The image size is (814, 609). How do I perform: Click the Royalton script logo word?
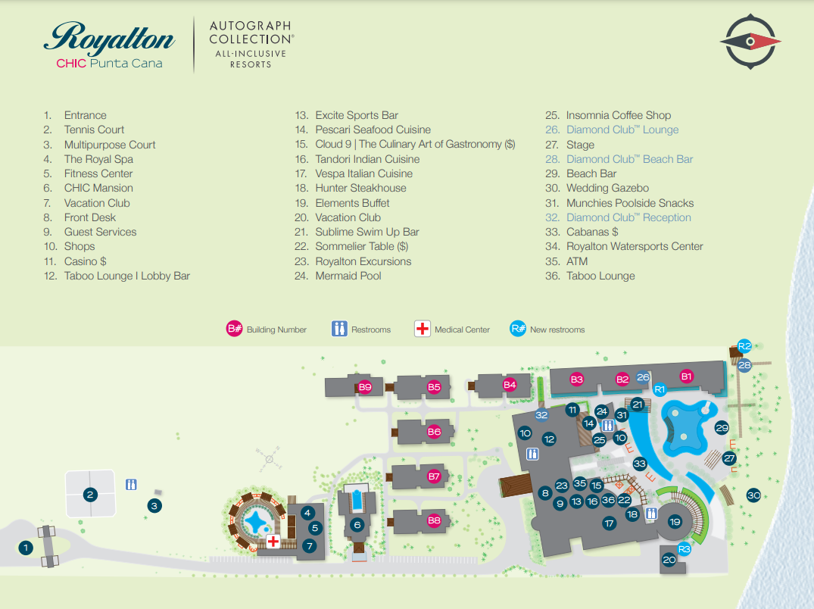[110, 38]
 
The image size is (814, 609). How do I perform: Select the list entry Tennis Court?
[94, 130]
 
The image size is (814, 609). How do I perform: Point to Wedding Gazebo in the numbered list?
[607, 188]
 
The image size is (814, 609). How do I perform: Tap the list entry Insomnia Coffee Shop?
[618, 115]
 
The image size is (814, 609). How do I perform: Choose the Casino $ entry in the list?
[85, 261]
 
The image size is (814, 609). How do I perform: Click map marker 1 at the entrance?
[26, 547]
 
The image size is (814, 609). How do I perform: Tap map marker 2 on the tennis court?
[90, 495]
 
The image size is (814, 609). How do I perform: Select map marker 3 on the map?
[154, 505]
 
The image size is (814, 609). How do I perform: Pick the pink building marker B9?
[365, 387]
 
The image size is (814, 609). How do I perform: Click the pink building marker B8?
[434, 520]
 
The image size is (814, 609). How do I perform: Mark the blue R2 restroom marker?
[744, 346]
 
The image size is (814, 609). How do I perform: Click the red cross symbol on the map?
[273, 542]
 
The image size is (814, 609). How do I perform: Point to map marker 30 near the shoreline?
[753, 495]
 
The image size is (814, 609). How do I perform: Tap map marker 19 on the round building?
[675, 522]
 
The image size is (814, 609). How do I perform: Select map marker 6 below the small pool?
[357, 524]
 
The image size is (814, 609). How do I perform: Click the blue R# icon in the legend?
[519, 329]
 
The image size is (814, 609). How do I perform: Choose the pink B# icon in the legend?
[235, 329]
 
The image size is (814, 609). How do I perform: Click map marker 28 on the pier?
[744, 365]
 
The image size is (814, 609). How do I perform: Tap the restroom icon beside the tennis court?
[132, 484]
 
